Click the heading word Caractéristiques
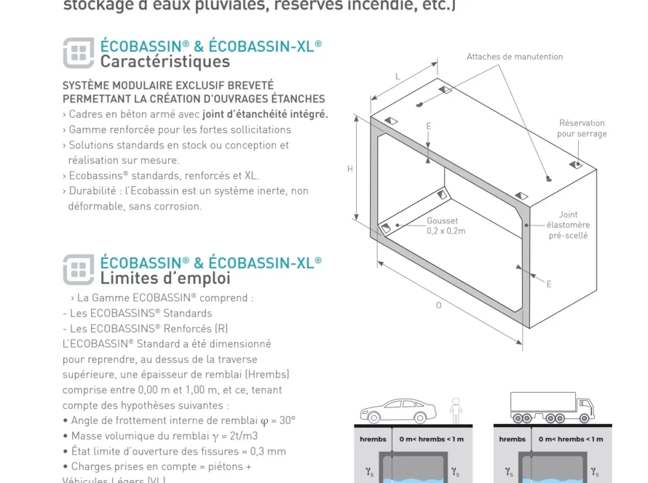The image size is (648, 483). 165,62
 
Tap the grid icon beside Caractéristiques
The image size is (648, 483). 79,53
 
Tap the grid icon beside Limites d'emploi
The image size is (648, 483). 79,269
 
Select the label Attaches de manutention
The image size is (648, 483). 514,57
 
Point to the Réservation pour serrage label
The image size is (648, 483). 582,129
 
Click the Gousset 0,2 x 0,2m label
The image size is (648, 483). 445,225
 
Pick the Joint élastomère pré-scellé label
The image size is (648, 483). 568,225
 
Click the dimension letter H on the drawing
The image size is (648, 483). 350,169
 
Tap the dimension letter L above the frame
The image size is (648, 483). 398,76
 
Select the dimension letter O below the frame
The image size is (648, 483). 438,306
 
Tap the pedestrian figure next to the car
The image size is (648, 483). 456,410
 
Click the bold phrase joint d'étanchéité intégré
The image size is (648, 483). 265,114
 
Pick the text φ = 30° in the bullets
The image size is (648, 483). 277,420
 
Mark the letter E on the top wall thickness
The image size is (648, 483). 428,126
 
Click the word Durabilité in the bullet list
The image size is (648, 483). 92,191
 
